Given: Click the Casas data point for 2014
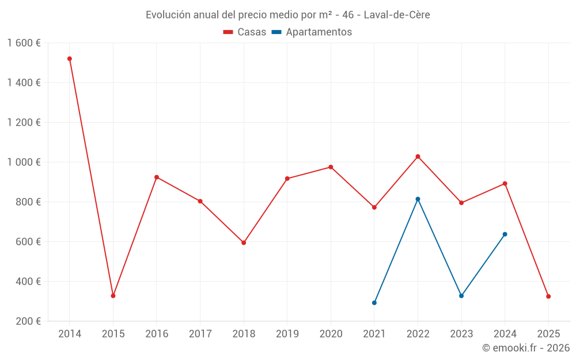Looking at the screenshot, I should tap(70, 59).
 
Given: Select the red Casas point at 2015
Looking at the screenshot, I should tap(113, 296).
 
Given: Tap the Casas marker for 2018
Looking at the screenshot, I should tap(244, 242).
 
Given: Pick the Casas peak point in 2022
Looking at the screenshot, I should tap(418, 157).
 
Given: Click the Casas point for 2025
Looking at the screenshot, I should tap(548, 297).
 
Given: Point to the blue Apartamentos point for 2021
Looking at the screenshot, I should tap(374, 303).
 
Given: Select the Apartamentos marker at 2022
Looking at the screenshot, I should tap(418, 199).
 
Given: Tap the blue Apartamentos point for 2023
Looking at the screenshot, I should tap(461, 296).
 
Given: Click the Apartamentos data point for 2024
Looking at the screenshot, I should tap(505, 234).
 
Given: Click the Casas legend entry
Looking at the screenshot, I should tap(245, 32).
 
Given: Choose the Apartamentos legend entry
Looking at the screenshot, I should tap(312, 32).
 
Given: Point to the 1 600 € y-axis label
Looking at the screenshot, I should tap(24, 43).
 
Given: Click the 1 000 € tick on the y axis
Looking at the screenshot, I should tap(24, 162).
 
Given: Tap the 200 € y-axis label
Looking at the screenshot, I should tap(27, 321).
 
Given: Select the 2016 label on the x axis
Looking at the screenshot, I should tap(157, 334).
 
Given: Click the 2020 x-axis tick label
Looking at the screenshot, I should tap(331, 334).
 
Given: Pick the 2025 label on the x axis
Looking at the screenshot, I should tap(548, 334).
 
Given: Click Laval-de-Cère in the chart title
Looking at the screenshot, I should tap(397, 14).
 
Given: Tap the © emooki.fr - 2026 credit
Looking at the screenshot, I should tap(525, 348).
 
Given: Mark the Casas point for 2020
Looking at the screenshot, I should tap(331, 167).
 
